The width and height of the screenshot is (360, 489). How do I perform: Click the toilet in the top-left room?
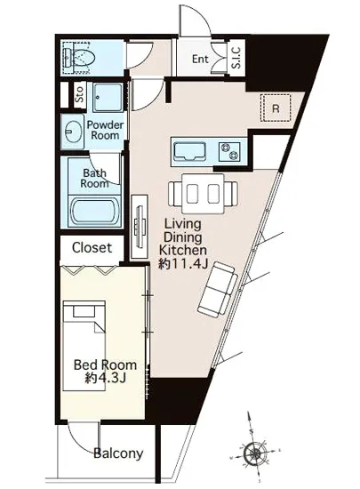pyautogui.click(x=79, y=58)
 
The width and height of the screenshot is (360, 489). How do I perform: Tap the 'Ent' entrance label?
pyautogui.click(x=200, y=59)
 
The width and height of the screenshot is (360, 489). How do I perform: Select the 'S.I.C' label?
pyautogui.click(x=236, y=58)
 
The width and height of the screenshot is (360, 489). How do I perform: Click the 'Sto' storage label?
pyautogui.click(x=80, y=94)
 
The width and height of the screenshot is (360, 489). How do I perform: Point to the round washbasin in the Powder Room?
pyautogui.click(x=74, y=132)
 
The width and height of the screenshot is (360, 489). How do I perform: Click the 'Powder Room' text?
pyautogui.click(x=105, y=130)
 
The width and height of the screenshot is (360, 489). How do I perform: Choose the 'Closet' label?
pyautogui.click(x=92, y=248)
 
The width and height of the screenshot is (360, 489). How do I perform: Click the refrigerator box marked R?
pyautogui.click(x=276, y=108)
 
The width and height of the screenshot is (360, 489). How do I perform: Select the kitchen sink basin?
pyautogui.click(x=189, y=151)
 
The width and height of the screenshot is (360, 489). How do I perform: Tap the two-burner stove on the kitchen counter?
pyautogui.click(x=229, y=151)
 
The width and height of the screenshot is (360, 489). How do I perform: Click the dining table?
pyautogui.click(x=204, y=194)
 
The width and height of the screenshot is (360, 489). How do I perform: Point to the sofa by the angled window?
pyautogui.click(x=218, y=290)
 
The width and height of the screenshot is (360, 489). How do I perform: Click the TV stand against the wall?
pyautogui.click(x=139, y=227)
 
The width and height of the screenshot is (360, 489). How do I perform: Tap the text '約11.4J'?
pyautogui.click(x=183, y=264)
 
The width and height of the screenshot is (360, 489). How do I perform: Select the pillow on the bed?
pyautogui.click(x=84, y=311)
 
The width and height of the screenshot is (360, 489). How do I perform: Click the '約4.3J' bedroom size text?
pyautogui.click(x=106, y=378)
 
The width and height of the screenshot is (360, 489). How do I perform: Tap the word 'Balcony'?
pyautogui.click(x=118, y=453)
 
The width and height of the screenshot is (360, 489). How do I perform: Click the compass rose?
pyautogui.click(x=255, y=452)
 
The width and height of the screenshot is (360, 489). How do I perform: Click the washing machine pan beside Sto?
pyautogui.click(x=108, y=98)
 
